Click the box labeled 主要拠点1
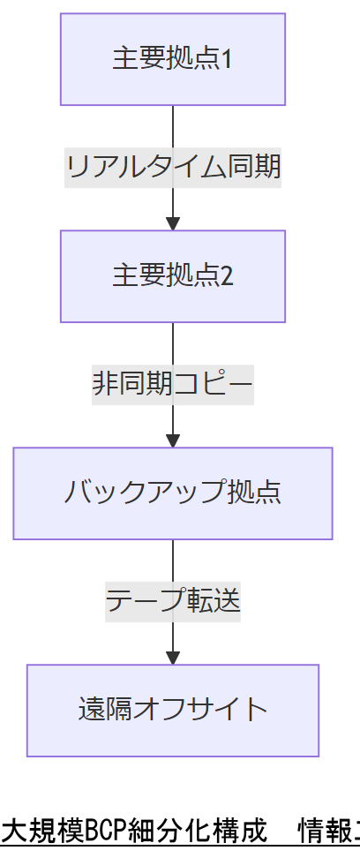[x=173, y=59]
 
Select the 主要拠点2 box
[x=173, y=276]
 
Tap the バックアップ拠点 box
[x=173, y=493]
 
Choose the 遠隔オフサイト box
[x=173, y=710]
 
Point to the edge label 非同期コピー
[x=173, y=384]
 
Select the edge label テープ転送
[x=173, y=601]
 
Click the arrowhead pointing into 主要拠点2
[x=173, y=223]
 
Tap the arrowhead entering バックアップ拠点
[x=173, y=440]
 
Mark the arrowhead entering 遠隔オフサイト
[x=173, y=657]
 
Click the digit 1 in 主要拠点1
[x=227, y=59]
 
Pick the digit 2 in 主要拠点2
[x=227, y=276]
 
